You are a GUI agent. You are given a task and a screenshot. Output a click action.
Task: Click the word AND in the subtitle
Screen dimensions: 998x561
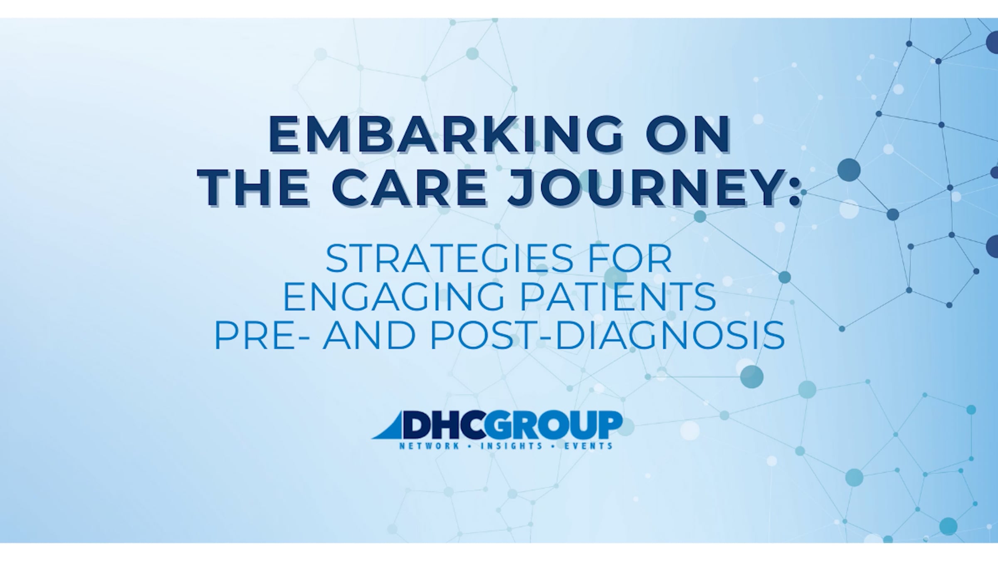coord(369,335)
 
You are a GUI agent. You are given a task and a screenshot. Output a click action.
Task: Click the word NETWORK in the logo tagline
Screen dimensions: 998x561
coord(429,446)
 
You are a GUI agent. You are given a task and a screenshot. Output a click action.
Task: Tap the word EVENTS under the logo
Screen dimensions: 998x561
coord(588,446)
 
